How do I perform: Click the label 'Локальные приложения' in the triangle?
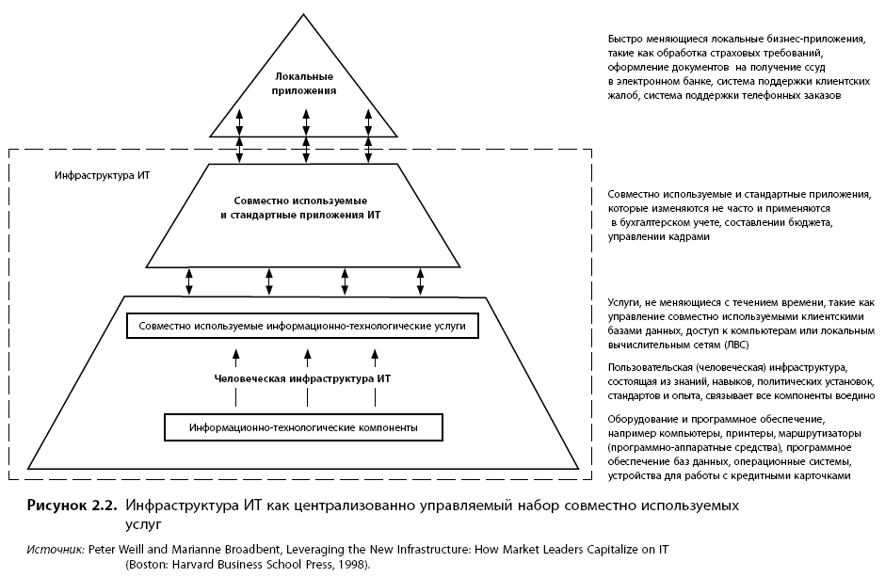pyautogui.click(x=304, y=84)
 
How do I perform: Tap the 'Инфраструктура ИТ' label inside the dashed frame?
pyautogui.click(x=103, y=175)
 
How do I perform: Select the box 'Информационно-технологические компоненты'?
pyautogui.click(x=304, y=427)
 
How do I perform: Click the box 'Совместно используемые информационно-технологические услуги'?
pyautogui.click(x=302, y=326)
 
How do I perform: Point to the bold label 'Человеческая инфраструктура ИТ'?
pyautogui.click(x=302, y=378)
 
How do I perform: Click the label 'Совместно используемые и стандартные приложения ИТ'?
pyautogui.click(x=301, y=208)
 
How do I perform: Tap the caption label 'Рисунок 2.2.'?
pyautogui.click(x=72, y=506)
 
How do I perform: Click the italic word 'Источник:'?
pyautogui.click(x=56, y=549)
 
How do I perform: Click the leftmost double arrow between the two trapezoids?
pyautogui.click(x=189, y=281)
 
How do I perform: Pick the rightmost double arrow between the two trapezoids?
pyautogui.click(x=420, y=281)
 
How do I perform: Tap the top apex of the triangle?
pyautogui.click(x=304, y=14)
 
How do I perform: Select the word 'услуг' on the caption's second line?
pyautogui.click(x=143, y=525)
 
